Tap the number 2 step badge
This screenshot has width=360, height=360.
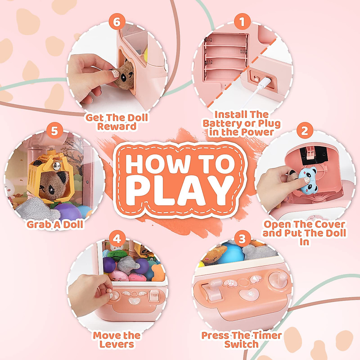coord(304,131)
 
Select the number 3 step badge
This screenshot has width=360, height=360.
coord(242,239)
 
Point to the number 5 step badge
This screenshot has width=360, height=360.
coord(55,131)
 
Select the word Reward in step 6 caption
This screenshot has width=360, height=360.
coord(117,126)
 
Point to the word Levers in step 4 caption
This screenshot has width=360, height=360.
coord(117,344)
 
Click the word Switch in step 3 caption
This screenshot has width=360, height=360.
coord(241,344)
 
